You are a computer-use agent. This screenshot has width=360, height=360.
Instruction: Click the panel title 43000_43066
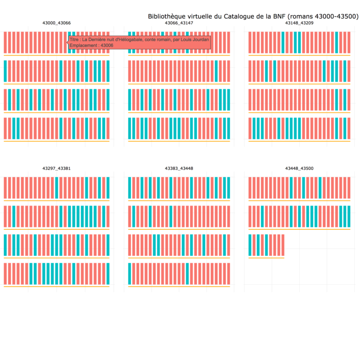(x=56, y=23)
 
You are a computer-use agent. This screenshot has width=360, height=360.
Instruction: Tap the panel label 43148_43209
(x=299, y=23)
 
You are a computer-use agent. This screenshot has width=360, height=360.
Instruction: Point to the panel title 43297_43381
(x=56, y=168)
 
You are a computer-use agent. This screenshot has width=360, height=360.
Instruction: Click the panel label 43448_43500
(x=299, y=168)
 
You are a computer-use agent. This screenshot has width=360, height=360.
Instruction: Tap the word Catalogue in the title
(x=240, y=16)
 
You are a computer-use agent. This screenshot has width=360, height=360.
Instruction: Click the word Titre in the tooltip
(x=74, y=40)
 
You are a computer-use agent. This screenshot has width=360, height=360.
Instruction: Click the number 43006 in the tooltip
(x=107, y=45)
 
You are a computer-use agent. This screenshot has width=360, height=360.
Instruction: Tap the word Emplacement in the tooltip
(x=83, y=45)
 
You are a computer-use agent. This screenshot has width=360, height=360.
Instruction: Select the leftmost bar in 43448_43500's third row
(x=250, y=245)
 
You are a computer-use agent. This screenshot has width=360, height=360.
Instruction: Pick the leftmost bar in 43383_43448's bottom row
(x=130, y=274)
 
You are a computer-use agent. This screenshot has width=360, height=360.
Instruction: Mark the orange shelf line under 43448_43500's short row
(x=266, y=258)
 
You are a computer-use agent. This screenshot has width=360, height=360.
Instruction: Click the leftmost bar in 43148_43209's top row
(x=250, y=42)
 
